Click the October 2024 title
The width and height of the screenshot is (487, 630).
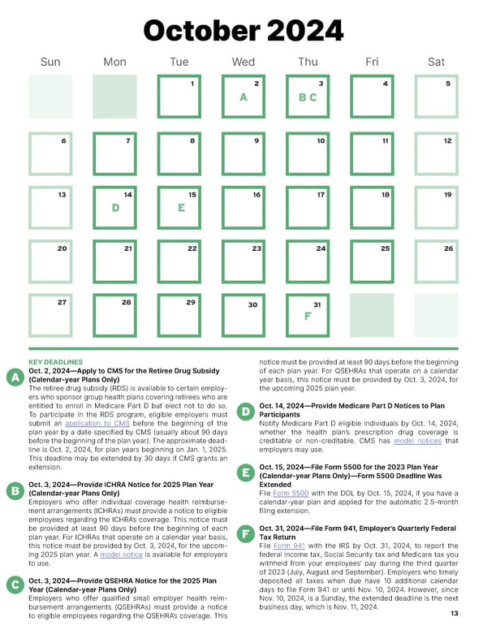[243, 31]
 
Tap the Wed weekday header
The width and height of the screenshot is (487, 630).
[243, 62]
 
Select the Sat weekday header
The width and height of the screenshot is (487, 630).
[436, 62]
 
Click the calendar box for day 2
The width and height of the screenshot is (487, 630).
[243, 97]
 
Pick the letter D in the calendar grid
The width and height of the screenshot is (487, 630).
[115, 208]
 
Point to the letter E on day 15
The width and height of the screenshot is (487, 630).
[181, 208]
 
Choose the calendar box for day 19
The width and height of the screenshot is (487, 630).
[436, 208]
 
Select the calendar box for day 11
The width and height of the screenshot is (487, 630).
[372, 153]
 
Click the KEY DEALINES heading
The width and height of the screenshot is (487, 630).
[56, 361]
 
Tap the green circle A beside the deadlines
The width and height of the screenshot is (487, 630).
[14, 378]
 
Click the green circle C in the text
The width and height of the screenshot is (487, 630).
[14, 585]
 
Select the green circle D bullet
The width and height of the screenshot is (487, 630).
[245, 412]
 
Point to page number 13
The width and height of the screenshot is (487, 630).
[453, 614]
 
